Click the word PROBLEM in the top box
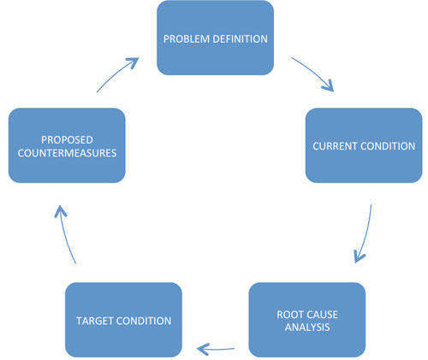(186, 39)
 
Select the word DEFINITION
(240, 39)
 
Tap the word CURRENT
(335, 146)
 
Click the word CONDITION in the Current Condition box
(388, 146)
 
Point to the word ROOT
(290, 315)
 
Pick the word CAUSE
(322, 315)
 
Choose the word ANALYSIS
(307, 328)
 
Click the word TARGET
(95, 321)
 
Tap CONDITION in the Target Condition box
(144, 321)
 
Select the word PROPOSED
(67, 140)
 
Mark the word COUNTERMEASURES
(67, 153)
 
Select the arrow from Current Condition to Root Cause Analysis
(366, 233)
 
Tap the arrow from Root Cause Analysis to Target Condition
(216, 349)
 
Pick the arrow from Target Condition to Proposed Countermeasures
(64, 234)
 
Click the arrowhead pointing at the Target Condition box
(203, 349)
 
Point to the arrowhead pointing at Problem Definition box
(133, 62)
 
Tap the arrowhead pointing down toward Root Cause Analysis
(359, 257)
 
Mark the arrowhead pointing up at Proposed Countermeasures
(60, 211)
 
